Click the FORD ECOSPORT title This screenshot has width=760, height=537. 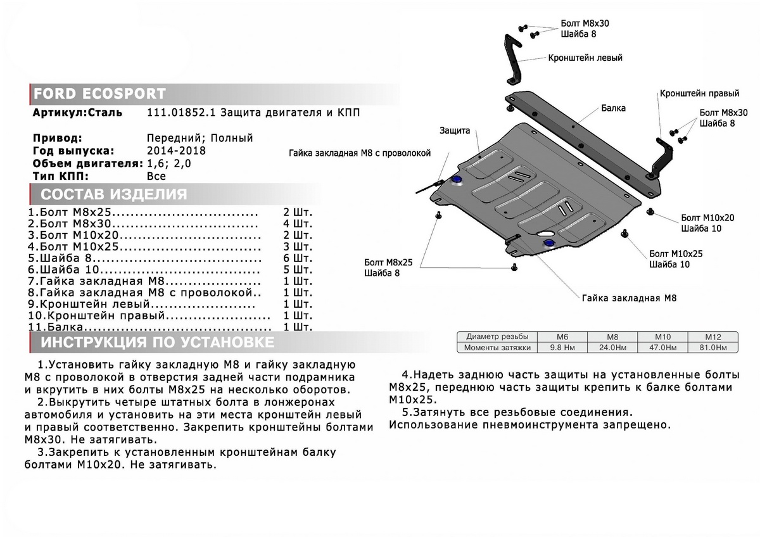point(99,94)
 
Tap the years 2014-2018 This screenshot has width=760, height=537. point(176,151)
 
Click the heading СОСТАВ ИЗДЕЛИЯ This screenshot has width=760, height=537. point(114,194)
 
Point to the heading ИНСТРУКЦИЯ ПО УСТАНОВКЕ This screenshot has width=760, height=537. point(158,343)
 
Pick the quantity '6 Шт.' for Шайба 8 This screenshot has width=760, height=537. point(297,258)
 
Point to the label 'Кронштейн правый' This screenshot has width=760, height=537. point(699,94)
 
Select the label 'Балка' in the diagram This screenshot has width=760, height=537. point(613,108)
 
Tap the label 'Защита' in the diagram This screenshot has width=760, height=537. point(455,131)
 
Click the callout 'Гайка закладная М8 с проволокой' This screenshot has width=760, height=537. point(359,153)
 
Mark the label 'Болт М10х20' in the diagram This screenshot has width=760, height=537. point(707,217)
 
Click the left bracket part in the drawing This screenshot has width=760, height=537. point(512,57)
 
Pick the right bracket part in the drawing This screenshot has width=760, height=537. point(662,155)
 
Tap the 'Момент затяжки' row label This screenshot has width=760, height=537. point(496,348)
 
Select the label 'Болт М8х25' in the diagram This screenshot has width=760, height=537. point(388,262)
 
